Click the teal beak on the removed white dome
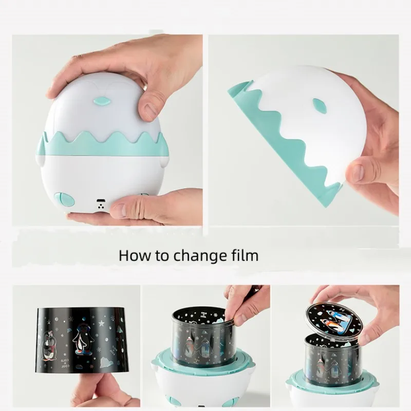pos(320,106)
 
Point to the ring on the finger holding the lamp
pos(145,86)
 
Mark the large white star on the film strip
pos(101,323)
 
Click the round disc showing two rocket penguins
pos(333,323)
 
